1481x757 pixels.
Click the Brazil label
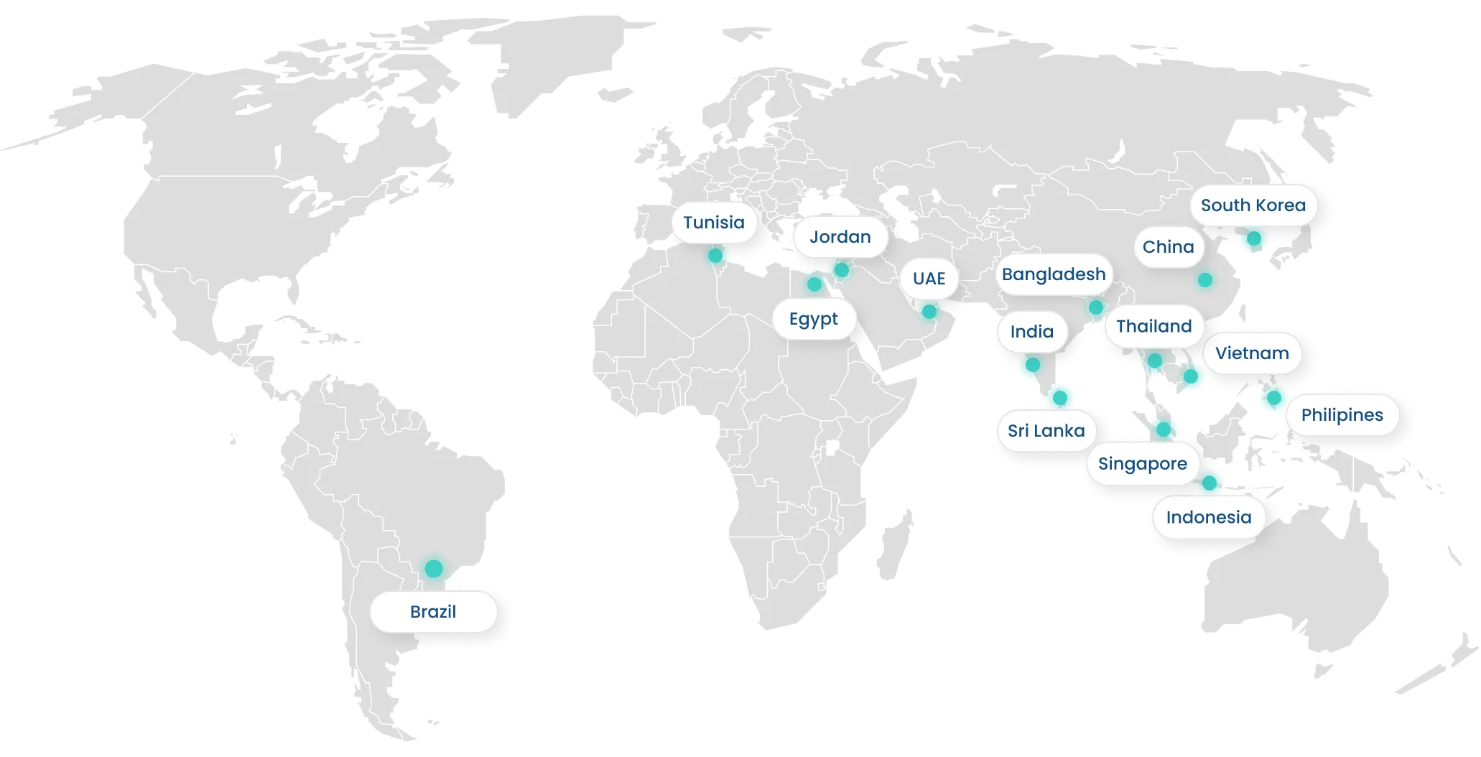pyautogui.click(x=433, y=612)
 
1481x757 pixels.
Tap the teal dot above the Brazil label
pyautogui.click(x=433, y=568)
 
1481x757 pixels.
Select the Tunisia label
pyautogui.click(x=713, y=223)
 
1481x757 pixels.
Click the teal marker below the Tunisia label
pyautogui.click(x=715, y=255)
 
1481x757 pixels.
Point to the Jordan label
pyautogui.click(x=840, y=237)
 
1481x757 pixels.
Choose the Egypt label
pyautogui.click(x=813, y=319)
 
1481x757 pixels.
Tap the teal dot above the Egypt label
pyautogui.click(x=814, y=284)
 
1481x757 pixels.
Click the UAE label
pyautogui.click(x=929, y=279)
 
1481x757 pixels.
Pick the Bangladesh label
pyautogui.click(x=1053, y=274)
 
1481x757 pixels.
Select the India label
pyautogui.click(x=1031, y=332)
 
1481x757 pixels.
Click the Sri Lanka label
pyautogui.click(x=1046, y=431)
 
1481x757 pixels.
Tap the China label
pyautogui.click(x=1168, y=247)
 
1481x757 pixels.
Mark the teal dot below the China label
pyautogui.click(x=1205, y=280)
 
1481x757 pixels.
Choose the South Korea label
pyautogui.click(x=1253, y=205)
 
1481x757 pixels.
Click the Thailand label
pyautogui.click(x=1153, y=327)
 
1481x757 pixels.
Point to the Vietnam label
pyautogui.click(x=1251, y=353)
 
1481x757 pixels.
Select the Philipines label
pyautogui.click(x=1342, y=415)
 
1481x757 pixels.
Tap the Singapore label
pyautogui.click(x=1142, y=464)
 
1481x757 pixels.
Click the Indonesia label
pyautogui.click(x=1208, y=517)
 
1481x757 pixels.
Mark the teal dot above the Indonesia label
pyautogui.click(x=1210, y=482)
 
